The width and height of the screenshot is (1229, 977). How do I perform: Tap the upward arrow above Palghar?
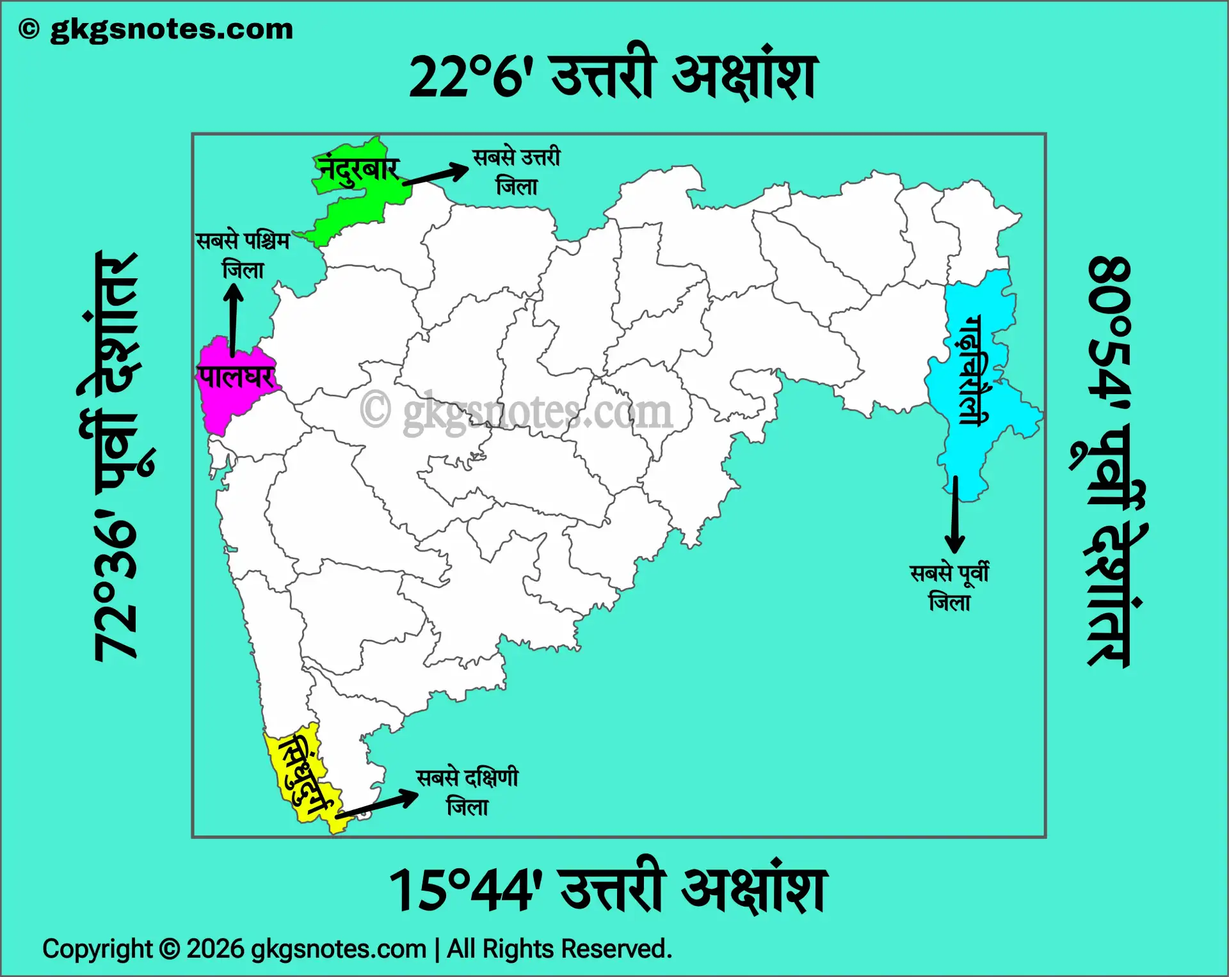[x=233, y=320]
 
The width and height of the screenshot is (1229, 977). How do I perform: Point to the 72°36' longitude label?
[x=115, y=589]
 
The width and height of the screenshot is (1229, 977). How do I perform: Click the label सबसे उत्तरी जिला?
[x=516, y=171]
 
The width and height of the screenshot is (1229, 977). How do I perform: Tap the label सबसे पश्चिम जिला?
[x=243, y=255]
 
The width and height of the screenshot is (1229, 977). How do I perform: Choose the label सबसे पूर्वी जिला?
[x=949, y=587]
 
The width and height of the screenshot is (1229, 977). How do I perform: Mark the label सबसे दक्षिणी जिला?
[x=467, y=792]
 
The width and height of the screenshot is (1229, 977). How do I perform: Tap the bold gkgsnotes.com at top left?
[x=171, y=29]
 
